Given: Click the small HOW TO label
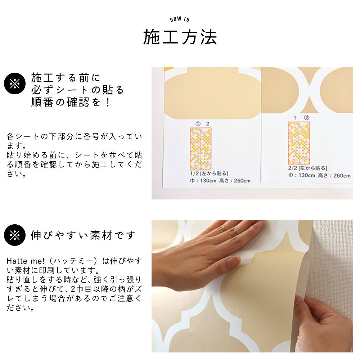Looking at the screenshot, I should (180, 19).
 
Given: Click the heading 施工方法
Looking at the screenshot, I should (180, 37).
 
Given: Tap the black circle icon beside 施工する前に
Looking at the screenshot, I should (15, 84).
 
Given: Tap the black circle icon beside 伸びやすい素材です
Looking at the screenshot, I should (15, 235).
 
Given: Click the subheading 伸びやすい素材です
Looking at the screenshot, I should (84, 235).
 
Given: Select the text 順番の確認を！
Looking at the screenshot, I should (71, 103).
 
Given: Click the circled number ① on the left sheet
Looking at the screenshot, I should (197, 123).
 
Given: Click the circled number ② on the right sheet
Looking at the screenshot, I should (306, 118).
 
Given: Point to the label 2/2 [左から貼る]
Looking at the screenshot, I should (307, 168).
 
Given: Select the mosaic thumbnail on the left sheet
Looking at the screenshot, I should (201, 149).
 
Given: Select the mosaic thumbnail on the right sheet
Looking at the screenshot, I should (299, 143).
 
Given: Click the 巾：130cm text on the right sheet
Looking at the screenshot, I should (301, 176).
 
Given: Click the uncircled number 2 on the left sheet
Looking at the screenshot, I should (207, 123).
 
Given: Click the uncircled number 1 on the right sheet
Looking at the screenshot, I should (295, 118).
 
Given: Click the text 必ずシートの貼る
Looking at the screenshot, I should (77, 90).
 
